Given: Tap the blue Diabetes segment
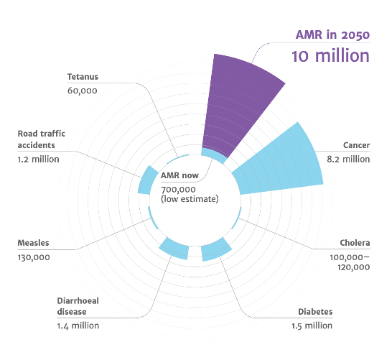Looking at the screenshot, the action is click(x=215, y=249).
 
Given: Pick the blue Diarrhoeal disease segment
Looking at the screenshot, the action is click(x=174, y=249).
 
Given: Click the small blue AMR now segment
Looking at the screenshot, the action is click(x=214, y=155).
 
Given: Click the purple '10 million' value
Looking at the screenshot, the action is click(x=330, y=56).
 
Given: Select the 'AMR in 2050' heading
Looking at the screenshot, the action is click(x=332, y=34).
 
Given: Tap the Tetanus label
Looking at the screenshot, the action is click(x=83, y=77).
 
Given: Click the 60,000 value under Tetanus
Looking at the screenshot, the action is click(x=83, y=91).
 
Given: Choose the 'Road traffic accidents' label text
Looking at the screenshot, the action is click(x=41, y=139).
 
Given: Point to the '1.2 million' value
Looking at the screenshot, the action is click(x=38, y=159).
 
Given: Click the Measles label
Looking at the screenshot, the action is click(x=33, y=243).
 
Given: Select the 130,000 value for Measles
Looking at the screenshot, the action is click(x=34, y=257).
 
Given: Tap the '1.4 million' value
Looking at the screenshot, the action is click(x=78, y=326).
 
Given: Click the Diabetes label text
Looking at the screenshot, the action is click(x=315, y=312).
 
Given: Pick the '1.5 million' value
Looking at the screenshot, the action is click(x=312, y=326).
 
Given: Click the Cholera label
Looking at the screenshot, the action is click(x=355, y=243).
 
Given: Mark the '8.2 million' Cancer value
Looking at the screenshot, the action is click(x=348, y=159).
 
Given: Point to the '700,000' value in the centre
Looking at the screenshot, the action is click(x=178, y=190).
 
